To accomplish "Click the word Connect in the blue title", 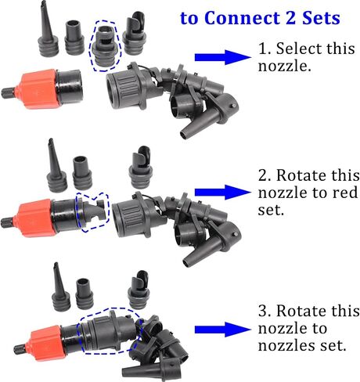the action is [243, 18].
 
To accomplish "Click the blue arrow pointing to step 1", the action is [222, 57].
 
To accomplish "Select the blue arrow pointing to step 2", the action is [222, 193].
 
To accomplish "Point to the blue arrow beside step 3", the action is [222, 330].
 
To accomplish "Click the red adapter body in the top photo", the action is [38, 88].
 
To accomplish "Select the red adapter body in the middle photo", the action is [35, 218].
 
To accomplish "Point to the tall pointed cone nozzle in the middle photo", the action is [56, 166].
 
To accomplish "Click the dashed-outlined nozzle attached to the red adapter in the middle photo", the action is [92, 212].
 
